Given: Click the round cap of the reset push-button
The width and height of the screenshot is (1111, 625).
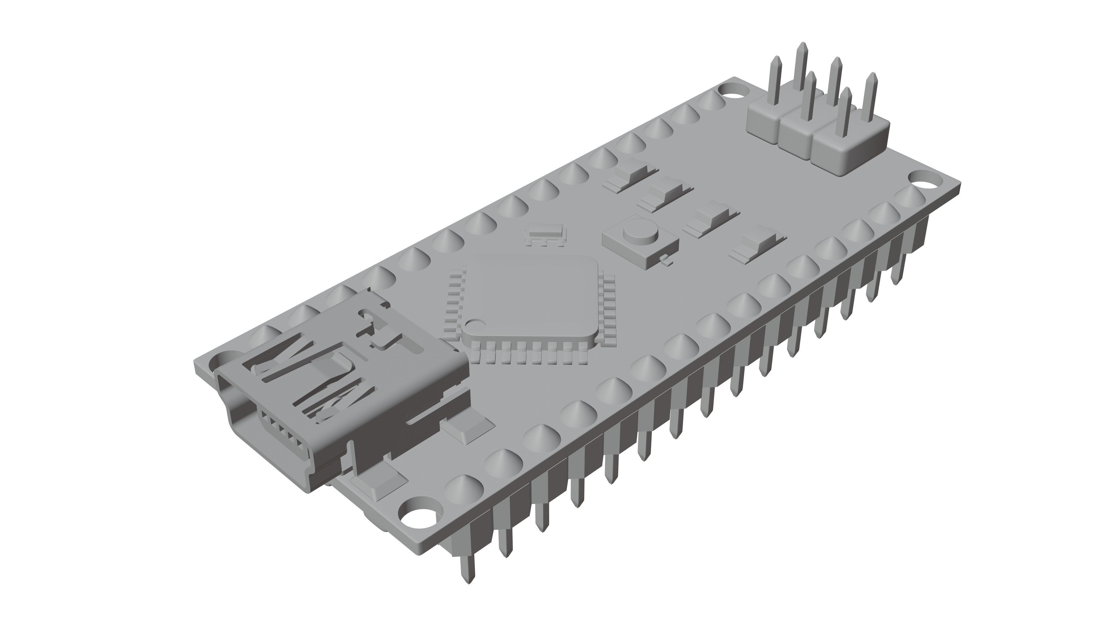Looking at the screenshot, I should click(641, 232).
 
